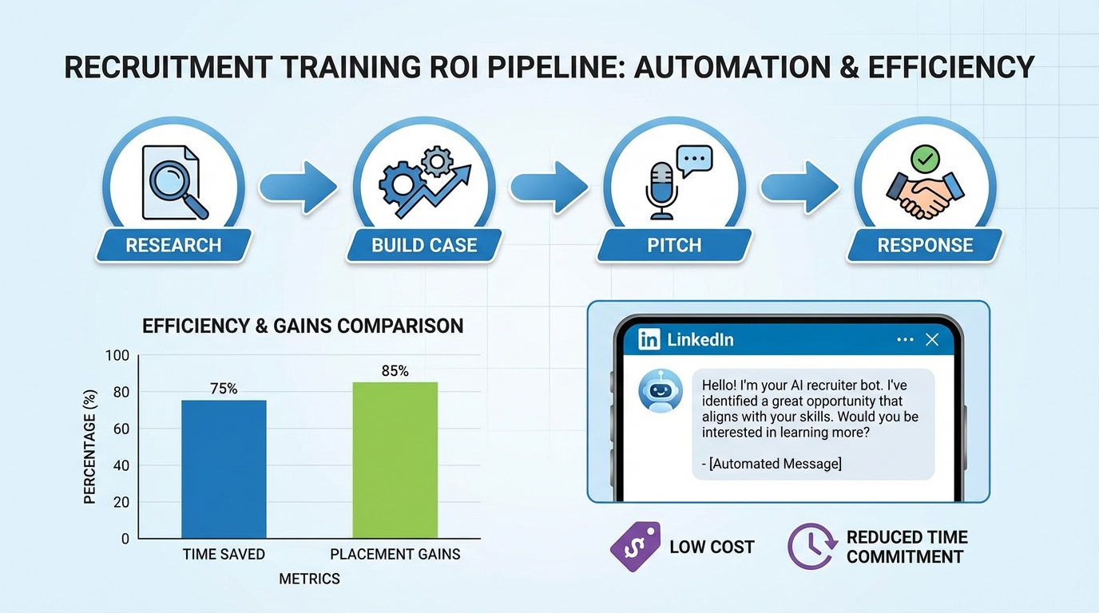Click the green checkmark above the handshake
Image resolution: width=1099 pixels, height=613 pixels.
pos(925,158)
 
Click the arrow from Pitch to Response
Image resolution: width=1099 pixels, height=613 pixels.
pos(799,188)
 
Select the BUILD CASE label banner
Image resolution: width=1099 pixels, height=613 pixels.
pos(424,246)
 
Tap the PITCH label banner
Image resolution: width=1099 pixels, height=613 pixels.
pos(674,246)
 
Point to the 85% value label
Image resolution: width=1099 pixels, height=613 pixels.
pos(395,370)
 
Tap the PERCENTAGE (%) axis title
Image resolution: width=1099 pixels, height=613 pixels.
pos(90,445)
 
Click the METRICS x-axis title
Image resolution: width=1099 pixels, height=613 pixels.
pos(309,579)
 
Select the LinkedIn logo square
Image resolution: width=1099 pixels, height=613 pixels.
pos(649,339)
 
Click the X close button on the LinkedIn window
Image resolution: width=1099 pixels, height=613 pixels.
pos(931,339)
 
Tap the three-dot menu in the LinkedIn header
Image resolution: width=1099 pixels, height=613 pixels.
pos(904,339)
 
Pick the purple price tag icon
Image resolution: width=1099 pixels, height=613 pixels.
pos(635,546)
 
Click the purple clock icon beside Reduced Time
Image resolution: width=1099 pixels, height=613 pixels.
pos(811,546)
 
